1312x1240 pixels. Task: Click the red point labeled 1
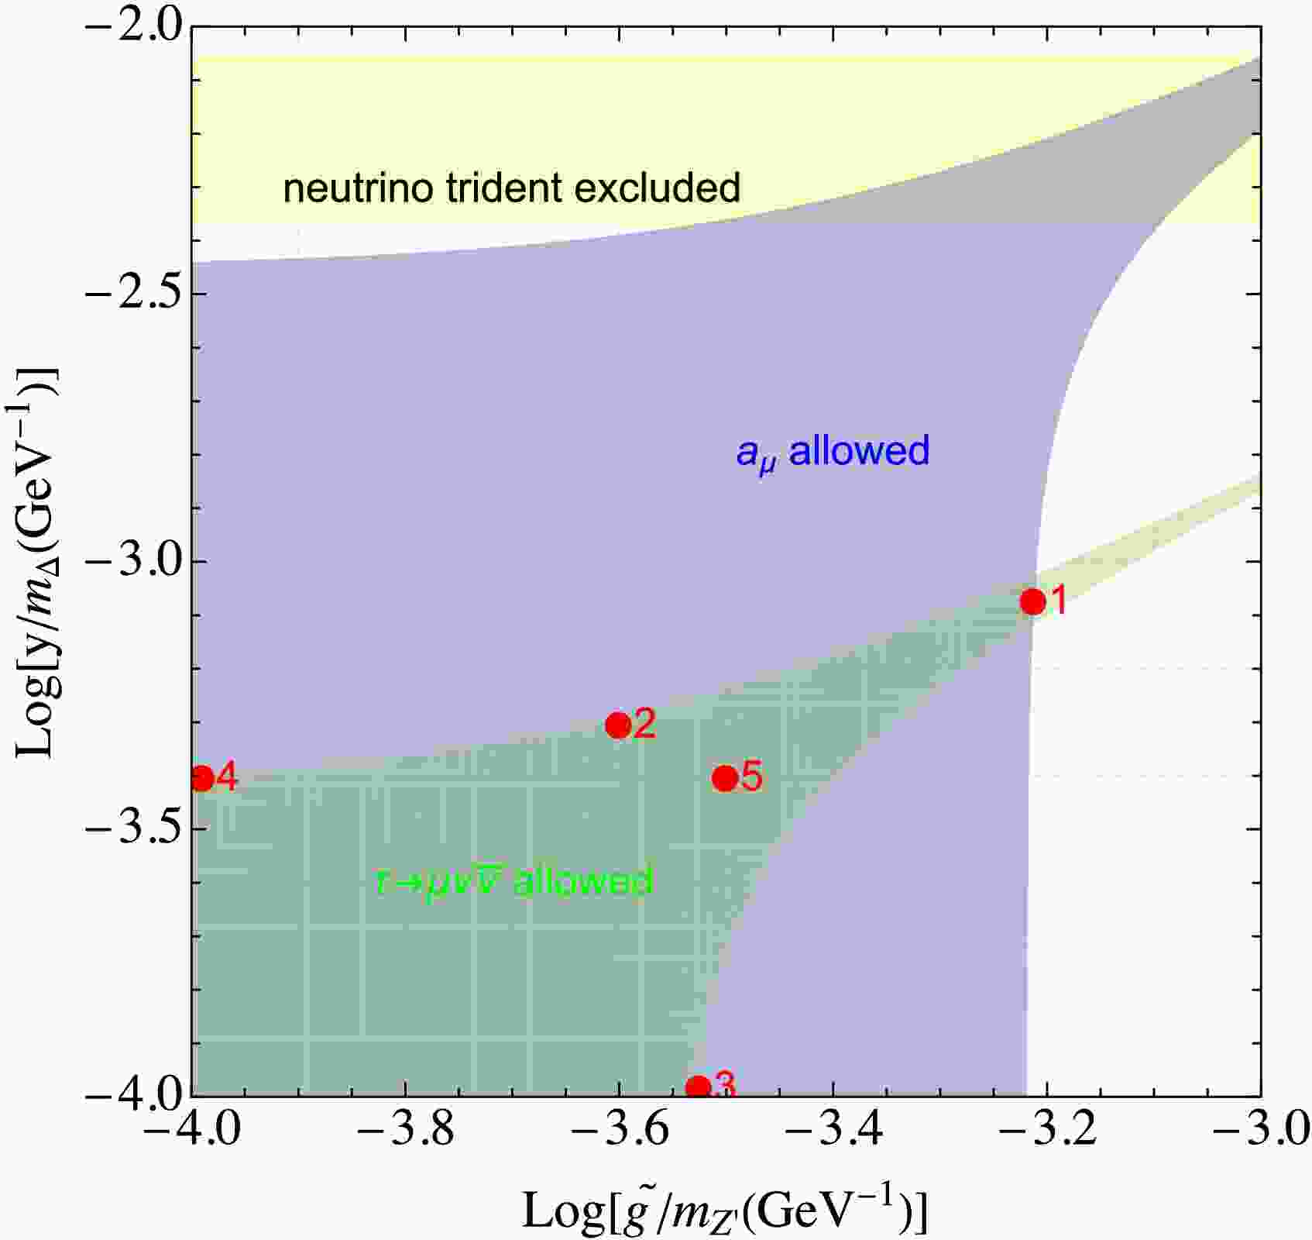click(x=1032, y=601)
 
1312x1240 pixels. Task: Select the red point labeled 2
click(x=618, y=725)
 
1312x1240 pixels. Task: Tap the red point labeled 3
click(x=698, y=1087)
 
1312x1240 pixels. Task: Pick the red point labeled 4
click(x=202, y=778)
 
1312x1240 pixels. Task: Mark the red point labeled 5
click(x=725, y=777)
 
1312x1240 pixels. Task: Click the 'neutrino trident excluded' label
click(x=512, y=188)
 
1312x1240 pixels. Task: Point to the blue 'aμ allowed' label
click(x=833, y=452)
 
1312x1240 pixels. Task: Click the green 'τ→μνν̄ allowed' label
click(x=514, y=882)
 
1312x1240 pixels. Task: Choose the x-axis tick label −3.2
click(x=1046, y=1132)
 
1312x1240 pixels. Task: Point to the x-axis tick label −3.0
click(x=1259, y=1132)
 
